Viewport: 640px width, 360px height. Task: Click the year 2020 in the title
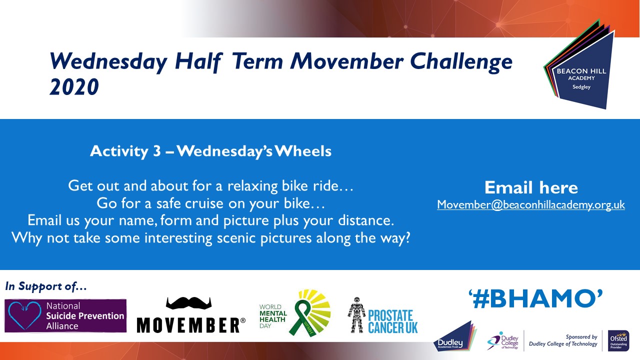[x=74, y=87]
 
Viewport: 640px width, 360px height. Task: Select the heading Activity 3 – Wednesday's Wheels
[x=210, y=151]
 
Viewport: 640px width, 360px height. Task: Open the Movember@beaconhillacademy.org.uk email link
[x=531, y=205]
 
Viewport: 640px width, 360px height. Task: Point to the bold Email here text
[x=531, y=187]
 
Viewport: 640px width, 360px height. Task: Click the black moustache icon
[x=188, y=303]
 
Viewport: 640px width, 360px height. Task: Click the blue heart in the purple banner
[x=24, y=315]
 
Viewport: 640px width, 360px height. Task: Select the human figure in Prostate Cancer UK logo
[x=356, y=315]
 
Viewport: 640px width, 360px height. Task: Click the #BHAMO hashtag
[x=535, y=299]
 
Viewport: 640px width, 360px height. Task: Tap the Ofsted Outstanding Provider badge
[x=618, y=340]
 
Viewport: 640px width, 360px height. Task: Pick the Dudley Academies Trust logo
[x=455, y=336]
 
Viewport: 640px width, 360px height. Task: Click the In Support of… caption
[x=45, y=286]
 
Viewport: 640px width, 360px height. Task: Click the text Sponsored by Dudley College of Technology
[x=563, y=340]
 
